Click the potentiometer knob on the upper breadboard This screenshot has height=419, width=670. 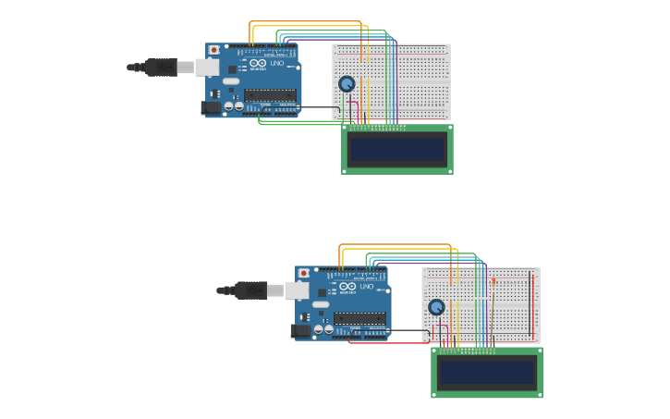coord(347,84)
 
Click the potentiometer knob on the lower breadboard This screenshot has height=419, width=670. coord(436,307)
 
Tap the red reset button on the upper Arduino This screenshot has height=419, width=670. coord(214,50)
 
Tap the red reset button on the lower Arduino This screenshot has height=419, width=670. coord(304,274)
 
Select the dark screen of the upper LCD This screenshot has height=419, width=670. coord(396,149)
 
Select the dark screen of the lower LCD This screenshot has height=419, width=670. coord(486,372)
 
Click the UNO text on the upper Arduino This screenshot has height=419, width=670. coord(276,63)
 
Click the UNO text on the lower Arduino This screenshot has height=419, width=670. coord(366,287)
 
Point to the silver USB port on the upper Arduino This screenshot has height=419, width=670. coord(208,68)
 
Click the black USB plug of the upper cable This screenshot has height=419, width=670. coord(161,68)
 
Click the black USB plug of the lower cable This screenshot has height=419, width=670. coord(250,290)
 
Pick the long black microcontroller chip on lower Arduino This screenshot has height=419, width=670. coord(360,317)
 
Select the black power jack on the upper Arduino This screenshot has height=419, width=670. coord(212,107)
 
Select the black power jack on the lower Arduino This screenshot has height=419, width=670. coord(301,330)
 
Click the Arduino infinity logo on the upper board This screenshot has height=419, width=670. coord(258,63)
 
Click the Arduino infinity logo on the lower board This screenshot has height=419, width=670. coord(347,287)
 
